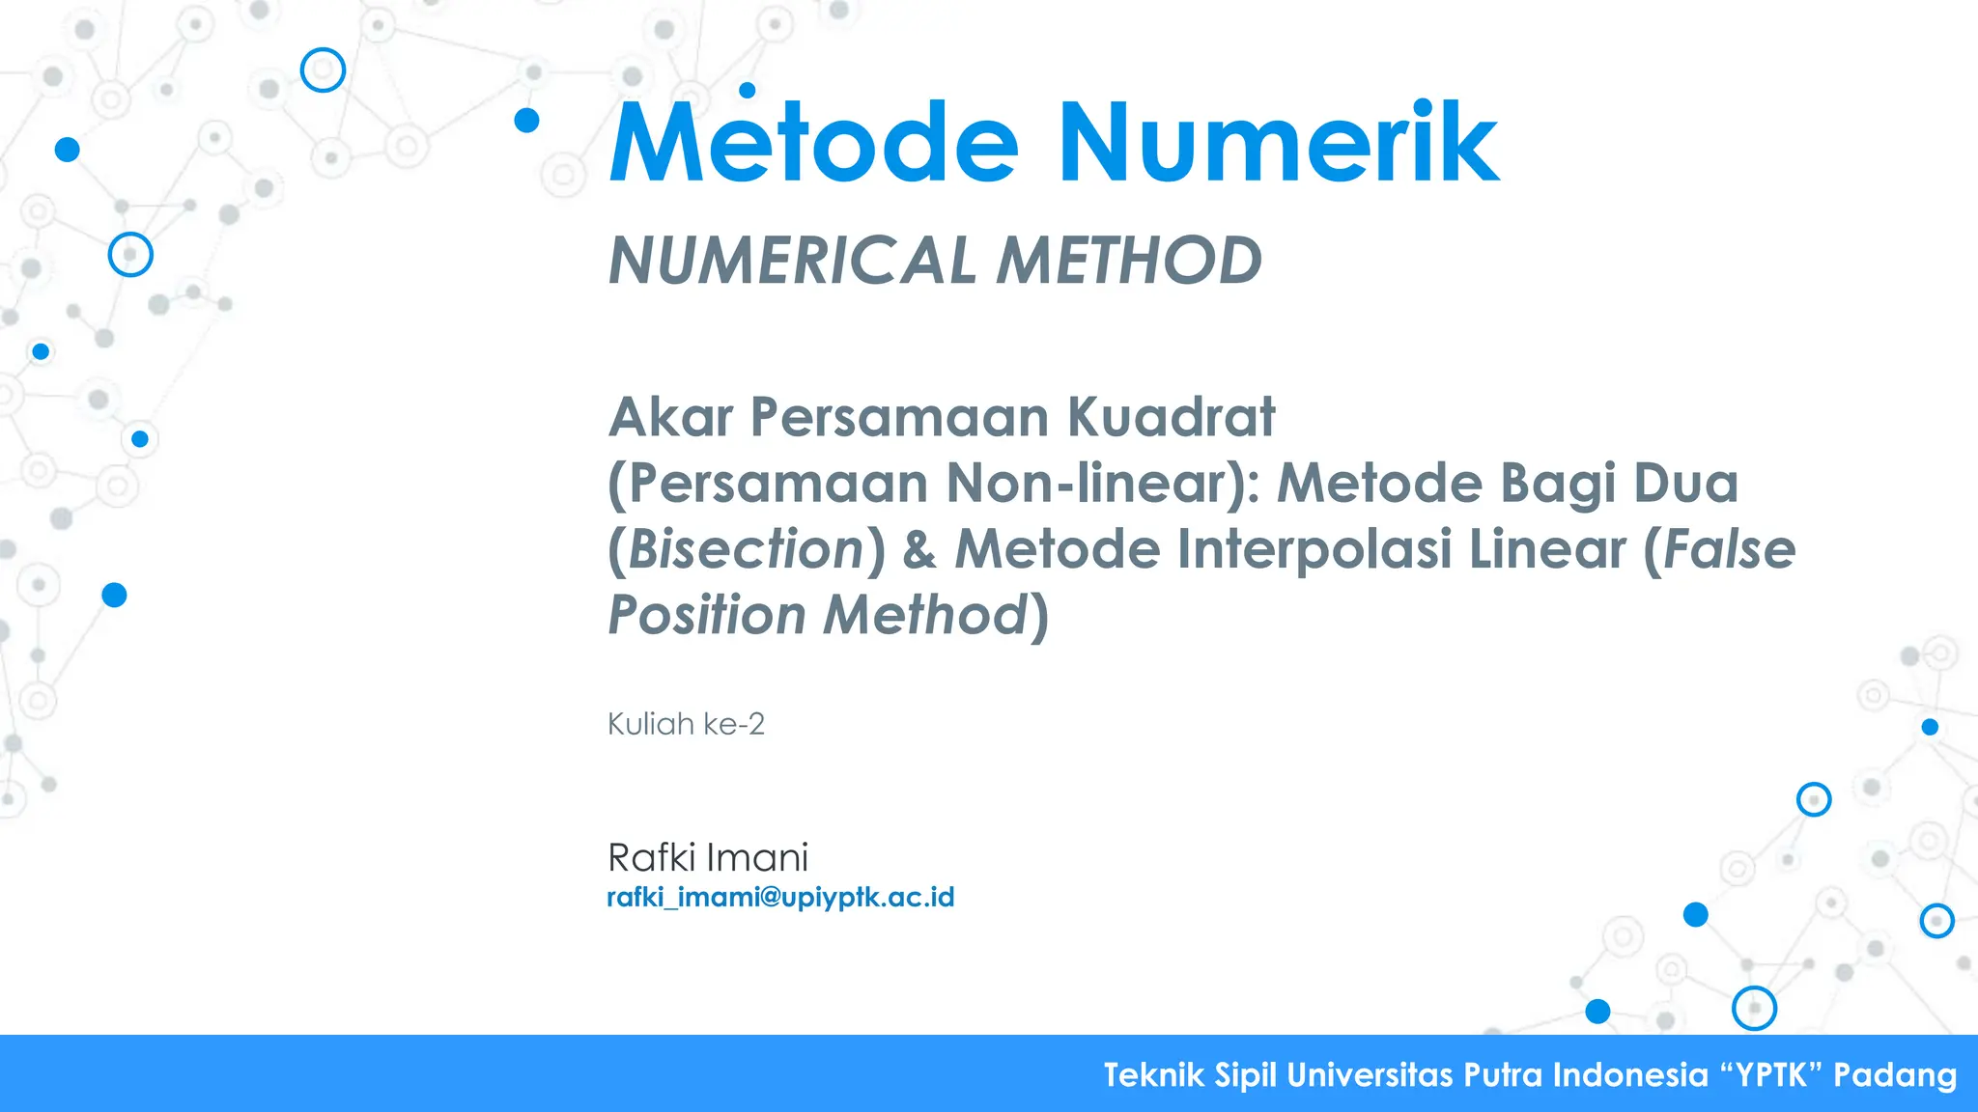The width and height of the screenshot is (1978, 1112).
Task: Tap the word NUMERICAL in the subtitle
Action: (792, 261)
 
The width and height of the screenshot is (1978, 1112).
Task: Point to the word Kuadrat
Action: (1171, 417)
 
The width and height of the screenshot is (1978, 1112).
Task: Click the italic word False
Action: (1729, 549)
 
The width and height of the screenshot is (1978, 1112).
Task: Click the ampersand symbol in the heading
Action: (919, 549)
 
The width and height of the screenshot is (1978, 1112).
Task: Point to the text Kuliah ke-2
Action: (686, 724)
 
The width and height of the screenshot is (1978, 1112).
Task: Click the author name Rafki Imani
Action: (707, 857)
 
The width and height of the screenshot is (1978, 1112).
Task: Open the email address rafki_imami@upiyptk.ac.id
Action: (780, 898)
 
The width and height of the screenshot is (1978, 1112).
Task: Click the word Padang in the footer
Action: (1895, 1074)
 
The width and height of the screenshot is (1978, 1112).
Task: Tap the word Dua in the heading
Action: (1685, 483)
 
